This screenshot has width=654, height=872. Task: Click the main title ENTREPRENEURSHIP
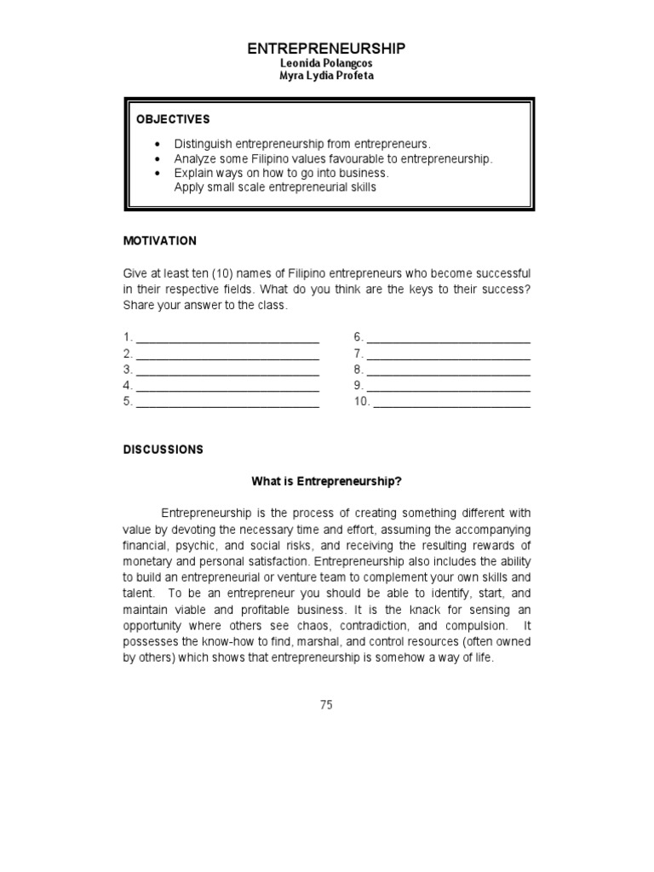click(x=326, y=49)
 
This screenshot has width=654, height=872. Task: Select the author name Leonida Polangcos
click(x=326, y=65)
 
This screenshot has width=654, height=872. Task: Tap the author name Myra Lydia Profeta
click(x=326, y=77)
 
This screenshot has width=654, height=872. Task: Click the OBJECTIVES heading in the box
click(x=173, y=119)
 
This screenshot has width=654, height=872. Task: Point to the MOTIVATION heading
click(x=160, y=241)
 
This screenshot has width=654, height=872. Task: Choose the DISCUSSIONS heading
click(x=163, y=450)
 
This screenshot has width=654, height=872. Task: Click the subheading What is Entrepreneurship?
click(x=326, y=481)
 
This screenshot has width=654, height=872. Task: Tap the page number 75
click(x=326, y=704)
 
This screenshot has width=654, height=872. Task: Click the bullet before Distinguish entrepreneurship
click(x=158, y=144)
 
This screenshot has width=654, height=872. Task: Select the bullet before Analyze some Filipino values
click(x=158, y=158)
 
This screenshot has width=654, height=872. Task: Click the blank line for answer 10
click(x=451, y=404)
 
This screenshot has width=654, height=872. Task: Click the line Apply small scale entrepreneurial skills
click(x=274, y=186)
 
